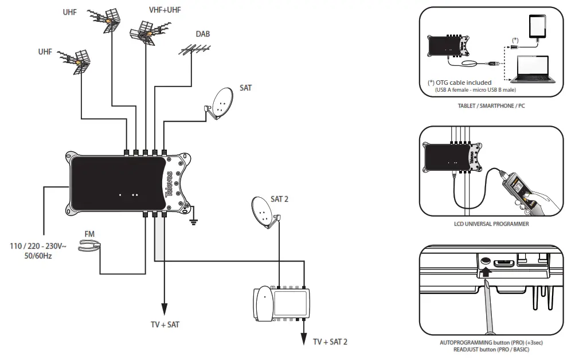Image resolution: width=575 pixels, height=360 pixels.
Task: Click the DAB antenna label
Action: [203, 34]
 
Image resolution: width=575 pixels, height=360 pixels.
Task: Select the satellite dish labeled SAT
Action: [220, 104]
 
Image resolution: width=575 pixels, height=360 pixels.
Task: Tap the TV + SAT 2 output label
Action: [330, 342]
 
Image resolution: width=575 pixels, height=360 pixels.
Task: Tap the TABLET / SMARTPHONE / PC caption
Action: [491, 107]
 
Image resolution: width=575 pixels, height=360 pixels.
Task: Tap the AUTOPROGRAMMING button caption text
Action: [491, 342]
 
